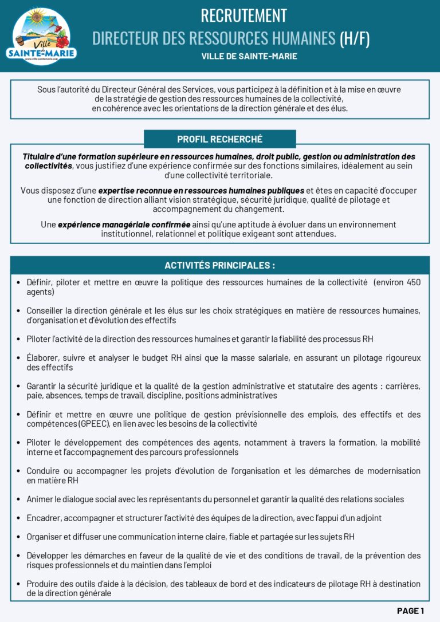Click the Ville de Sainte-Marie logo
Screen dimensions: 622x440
coord(41,36)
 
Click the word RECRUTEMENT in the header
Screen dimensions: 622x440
coord(243,15)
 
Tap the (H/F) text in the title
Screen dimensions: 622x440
coord(355,38)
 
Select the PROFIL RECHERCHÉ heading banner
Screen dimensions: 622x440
coord(219,139)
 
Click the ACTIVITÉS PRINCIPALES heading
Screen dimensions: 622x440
coord(219,265)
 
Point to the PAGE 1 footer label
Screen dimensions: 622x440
coord(410,611)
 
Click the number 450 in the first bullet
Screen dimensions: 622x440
coord(413,282)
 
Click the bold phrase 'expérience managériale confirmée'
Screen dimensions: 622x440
coord(124,225)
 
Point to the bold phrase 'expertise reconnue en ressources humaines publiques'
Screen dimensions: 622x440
coord(201,190)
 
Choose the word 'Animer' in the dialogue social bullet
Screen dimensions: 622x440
coord(40,499)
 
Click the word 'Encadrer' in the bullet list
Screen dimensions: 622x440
coord(44,518)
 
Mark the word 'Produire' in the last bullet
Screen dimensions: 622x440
coord(42,584)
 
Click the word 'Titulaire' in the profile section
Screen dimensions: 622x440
coord(41,156)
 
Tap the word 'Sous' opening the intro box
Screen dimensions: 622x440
coord(47,89)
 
